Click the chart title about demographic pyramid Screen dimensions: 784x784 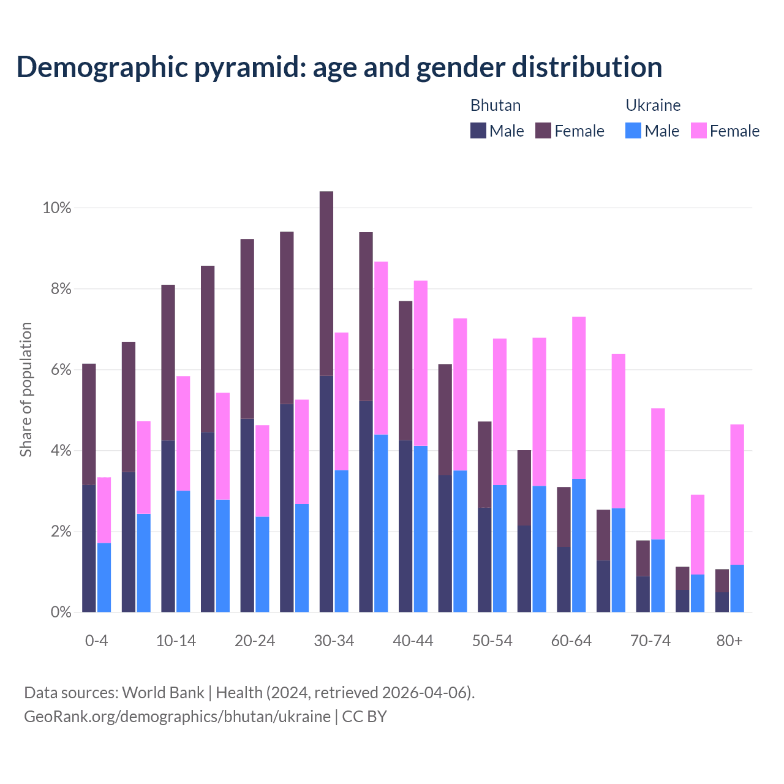point(339,67)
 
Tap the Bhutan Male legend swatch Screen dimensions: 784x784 point(478,130)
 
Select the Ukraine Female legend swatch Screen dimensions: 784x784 point(698,130)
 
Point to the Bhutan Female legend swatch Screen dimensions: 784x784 point(543,130)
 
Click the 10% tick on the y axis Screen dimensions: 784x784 point(56,208)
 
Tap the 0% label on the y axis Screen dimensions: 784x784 point(60,612)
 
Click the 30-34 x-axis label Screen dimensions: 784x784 point(334,641)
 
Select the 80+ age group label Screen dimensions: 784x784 point(729,641)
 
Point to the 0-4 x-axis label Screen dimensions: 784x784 point(96,641)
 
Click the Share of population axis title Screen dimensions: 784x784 point(26,390)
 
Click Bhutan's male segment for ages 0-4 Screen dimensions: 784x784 point(89,548)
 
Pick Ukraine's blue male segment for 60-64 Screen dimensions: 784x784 point(579,545)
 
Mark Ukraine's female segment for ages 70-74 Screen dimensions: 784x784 point(658,473)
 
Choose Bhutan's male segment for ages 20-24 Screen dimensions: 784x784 point(247,515)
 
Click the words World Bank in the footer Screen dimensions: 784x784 point(163,693)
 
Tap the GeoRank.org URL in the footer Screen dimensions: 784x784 point(177,717)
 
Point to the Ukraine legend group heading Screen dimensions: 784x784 point(653,105)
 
